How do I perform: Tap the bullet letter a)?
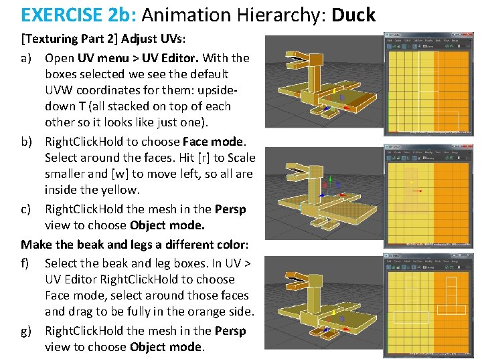click(x=27, y=58)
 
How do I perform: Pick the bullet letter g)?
click(x=27, y=331)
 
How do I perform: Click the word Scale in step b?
click(x=241, y=158)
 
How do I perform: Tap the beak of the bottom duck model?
click(x=299, y=277)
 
